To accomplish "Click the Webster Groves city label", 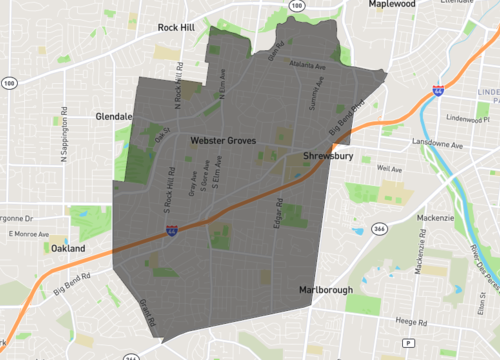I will click(226, 144).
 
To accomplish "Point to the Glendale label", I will click(115, 116).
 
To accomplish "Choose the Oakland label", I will click(69, 248).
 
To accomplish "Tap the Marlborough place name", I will click(325, 290).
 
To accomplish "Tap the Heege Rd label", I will click(412, 321).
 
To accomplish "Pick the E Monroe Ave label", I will click(29, 233).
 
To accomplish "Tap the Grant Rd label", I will click(142, 310).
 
